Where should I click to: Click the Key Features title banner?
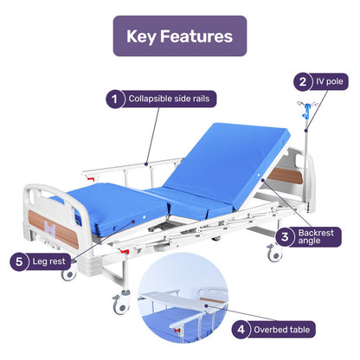point(179,36)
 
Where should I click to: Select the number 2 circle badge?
point(302,82)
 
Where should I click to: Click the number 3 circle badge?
point(282,235)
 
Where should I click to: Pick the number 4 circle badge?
point(244,329)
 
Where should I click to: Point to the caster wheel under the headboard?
point(274,254)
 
